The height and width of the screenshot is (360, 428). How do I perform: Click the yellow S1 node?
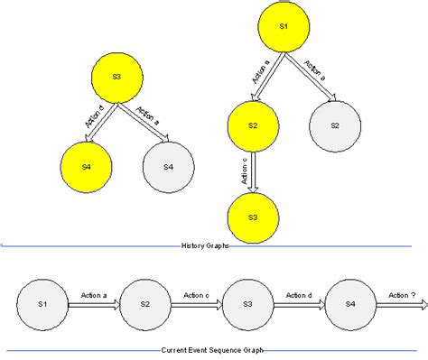coord(282,28)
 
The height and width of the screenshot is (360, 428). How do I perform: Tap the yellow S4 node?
coord(87,167)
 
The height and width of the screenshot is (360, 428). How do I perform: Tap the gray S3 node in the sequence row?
coord(247,305)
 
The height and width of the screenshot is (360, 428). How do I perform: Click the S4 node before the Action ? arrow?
coord(349,305)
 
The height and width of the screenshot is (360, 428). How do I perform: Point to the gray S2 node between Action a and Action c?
coord(144,305)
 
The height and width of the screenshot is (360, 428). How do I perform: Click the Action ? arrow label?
coord(402,295)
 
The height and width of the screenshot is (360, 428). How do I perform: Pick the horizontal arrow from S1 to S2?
coord(93,306)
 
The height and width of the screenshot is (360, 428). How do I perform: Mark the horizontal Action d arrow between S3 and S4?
coord(298,306)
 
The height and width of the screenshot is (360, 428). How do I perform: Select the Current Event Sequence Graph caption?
coord(213,349)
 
